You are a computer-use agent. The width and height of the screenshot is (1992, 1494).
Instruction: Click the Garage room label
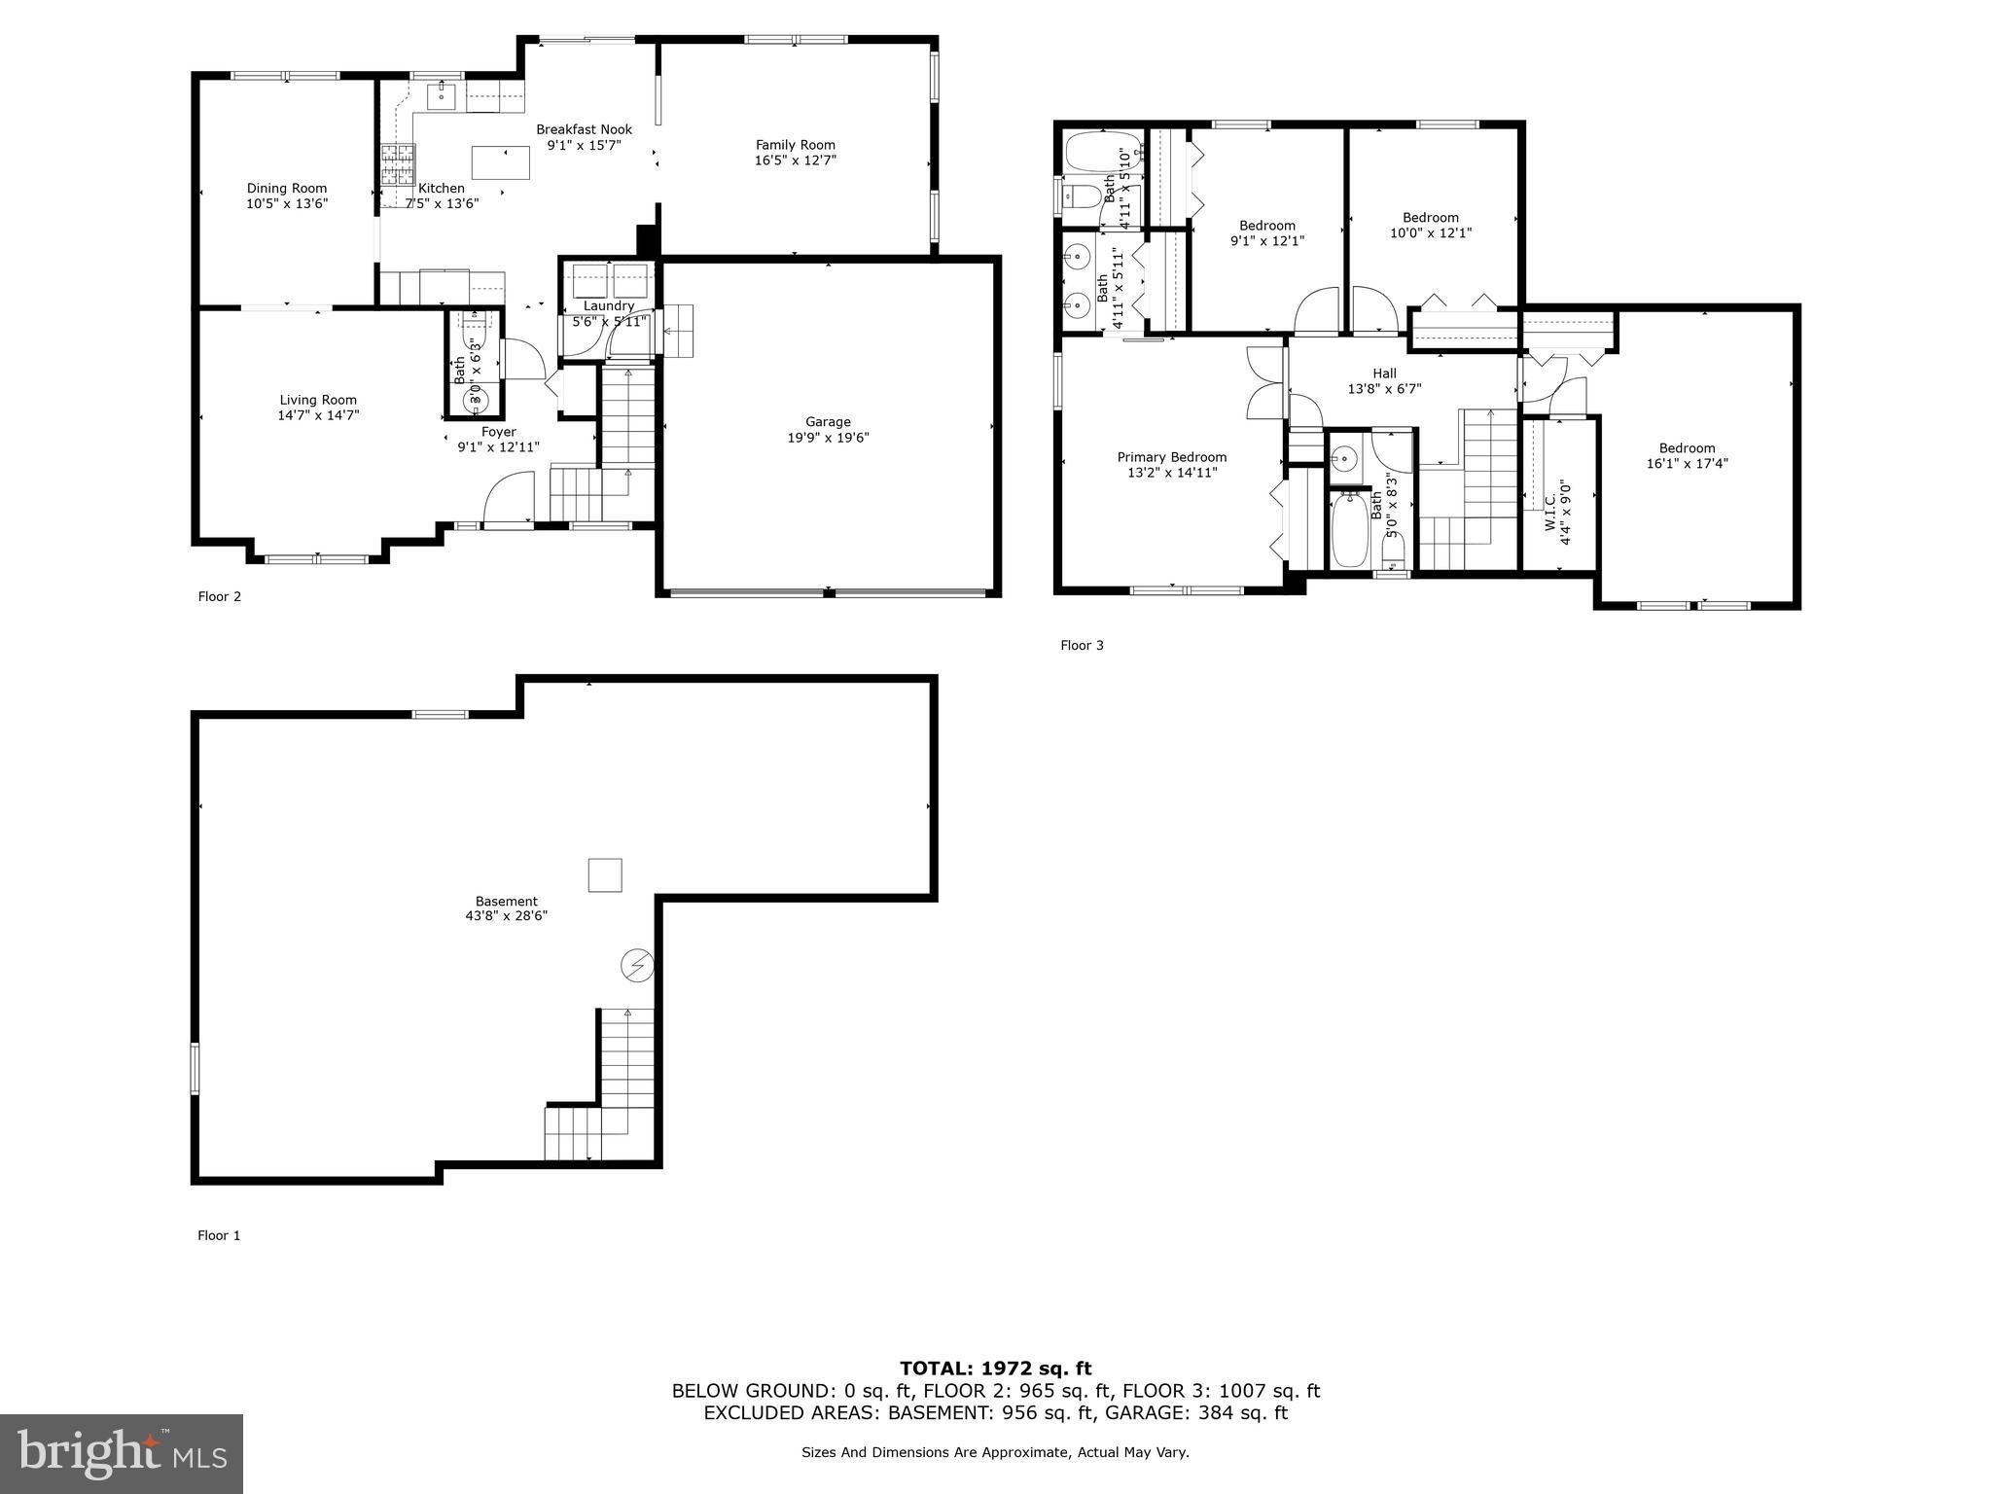click(x=828, y=422)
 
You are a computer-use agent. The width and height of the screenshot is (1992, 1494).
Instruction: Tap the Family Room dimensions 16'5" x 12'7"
click(x=795, y=160)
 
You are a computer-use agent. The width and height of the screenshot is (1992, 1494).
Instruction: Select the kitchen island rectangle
click(x=501, y=161)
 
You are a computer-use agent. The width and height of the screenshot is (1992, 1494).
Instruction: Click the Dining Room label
click(x=287, y=189)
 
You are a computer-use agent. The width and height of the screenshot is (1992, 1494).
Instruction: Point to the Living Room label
click(x=318, y=400)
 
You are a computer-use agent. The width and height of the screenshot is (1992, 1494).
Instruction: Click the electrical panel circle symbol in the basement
click(x=637, y=966)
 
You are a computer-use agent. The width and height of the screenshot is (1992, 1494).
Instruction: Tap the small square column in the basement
click(x=605, y=875)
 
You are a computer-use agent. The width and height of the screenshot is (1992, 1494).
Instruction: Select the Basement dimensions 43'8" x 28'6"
click(x=506, y=916)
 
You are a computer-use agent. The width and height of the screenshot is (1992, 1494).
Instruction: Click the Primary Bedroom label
click(x=1171, y=457)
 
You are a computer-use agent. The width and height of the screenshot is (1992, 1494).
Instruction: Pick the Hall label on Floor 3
click(x=1384, y=373)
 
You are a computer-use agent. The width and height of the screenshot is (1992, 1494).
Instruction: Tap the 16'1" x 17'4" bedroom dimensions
click(x=1687, y=464)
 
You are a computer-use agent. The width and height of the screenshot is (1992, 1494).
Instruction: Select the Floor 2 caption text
click(x=220, y=596)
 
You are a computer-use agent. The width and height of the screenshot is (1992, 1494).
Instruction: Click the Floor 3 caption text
click(x=1082, y=645)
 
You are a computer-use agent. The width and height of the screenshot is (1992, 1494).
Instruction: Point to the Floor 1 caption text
click(x=219, y=1235)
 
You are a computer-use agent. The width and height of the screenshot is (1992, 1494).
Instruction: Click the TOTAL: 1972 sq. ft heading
click(x=995, y=1369)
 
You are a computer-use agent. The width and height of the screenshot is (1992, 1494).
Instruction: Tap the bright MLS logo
click(x=122, y=1453)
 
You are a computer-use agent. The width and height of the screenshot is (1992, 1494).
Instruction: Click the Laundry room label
click(x=609, y=305)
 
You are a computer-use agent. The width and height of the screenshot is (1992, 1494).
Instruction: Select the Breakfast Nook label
click(x=584, y=129)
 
